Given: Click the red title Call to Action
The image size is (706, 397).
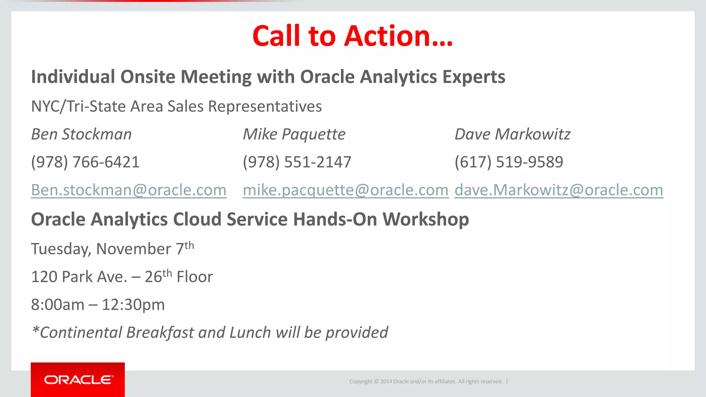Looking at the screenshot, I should [352, 36].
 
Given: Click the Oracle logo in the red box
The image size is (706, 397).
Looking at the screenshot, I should [78, 380].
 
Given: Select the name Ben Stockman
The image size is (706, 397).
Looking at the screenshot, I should [81, 134].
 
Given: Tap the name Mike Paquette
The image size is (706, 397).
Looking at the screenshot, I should [294, 134].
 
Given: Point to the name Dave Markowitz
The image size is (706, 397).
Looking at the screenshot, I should [512, 134].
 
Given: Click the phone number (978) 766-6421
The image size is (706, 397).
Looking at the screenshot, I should [85, 162].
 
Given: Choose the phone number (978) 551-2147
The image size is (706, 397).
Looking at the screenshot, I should [297, 162].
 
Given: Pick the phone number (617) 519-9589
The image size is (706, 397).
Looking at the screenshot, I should [509, 162].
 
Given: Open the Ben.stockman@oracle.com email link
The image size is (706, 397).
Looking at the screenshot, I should [129, 190].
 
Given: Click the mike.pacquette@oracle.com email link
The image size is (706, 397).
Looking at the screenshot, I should [345, 190].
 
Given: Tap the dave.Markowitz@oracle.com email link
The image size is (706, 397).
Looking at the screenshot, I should [558, 190].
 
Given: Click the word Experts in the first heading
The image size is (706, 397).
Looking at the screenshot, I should [474, 77].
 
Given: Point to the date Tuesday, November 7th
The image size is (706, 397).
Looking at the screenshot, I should [112, 248].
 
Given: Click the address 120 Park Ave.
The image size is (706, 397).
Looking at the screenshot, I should [79, 277].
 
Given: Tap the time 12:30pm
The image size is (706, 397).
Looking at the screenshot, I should [133, 305].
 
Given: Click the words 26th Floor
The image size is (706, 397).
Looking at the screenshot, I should [179, 276].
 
